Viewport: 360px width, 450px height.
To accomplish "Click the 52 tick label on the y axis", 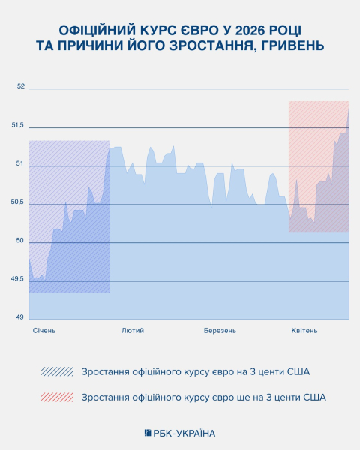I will click(x=20, y=87).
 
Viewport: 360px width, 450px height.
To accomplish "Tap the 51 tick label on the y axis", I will click(x=20, y=164).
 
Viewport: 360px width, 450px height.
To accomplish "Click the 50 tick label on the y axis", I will click(x=20, y=241).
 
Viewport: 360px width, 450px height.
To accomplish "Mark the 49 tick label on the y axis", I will click(x=20, y=317).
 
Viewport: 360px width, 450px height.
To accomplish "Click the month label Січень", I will click(x=44, y=330).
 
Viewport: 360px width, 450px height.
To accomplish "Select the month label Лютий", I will click(x=133, y=330).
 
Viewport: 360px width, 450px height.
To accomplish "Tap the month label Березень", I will click(x=220, y=330).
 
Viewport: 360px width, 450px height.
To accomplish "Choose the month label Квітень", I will click(x=304, y=330).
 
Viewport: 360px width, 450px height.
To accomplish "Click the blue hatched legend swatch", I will click(x=58, y=371).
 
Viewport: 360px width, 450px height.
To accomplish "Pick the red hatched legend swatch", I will click(x=58, y=397).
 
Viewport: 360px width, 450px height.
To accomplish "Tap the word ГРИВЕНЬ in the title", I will click(x=295, y=47).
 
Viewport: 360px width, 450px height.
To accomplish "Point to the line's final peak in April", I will click(x=349, y=109).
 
